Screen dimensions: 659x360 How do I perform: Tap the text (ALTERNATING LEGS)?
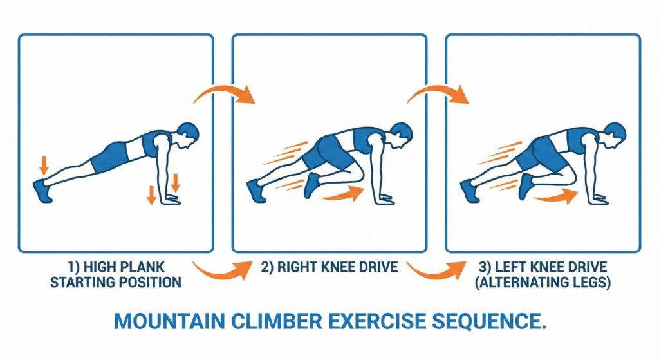coord(543,282)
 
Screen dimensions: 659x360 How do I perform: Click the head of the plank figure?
coord(187,135)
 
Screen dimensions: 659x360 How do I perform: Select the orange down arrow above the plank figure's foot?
coord(44,164)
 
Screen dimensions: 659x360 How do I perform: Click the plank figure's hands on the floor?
coord(172,201)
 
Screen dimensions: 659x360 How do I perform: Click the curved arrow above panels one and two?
coord(225,94)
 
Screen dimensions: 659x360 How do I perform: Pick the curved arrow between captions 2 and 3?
coord(436,270)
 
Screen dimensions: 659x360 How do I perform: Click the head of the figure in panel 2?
coord(401,135)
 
